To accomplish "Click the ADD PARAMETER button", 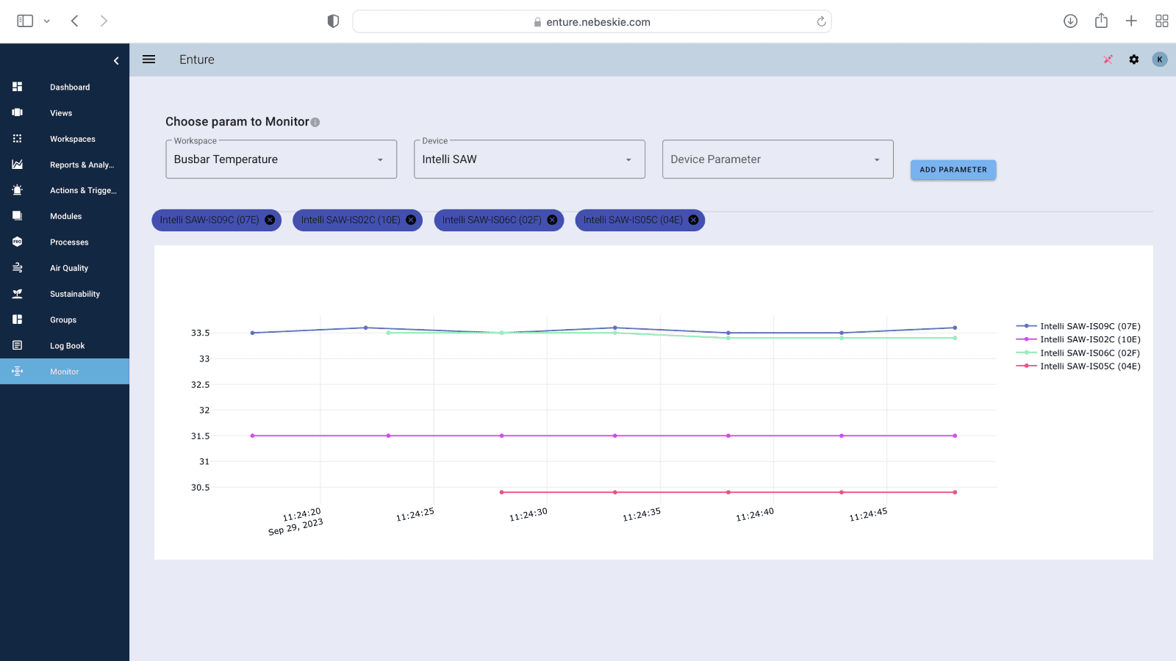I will click(x=953, y=170).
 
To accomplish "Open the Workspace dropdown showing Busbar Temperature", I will click(x=281, y=159).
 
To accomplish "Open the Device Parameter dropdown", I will click(x=777, y=159).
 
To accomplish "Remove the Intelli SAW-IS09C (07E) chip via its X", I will click(x=270, y=220).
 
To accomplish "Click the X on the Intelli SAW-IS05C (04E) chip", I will click(x=693, y=220).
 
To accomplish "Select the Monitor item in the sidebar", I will click(x=64, y=372).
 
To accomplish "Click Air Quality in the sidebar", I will click(x=68, y=268).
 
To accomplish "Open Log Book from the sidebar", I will click(x=67, y=346).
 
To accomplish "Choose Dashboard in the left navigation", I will click(x=69, y=87).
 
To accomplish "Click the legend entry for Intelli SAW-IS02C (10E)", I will click(x=1089, y=339).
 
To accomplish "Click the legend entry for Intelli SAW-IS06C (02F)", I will click(x=1089, y=353).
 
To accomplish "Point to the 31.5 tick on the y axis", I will click(x=200, y=436).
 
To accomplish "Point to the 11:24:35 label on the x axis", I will click(x=641, y=514).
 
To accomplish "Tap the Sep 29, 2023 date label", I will click(x=295, y=527).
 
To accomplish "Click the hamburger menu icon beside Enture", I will click(x=148, y=59).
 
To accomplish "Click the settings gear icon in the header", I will click(x=1133, y=59).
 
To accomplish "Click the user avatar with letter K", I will click(x=1159, y=59).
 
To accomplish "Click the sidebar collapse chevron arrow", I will click(x=116, y=61).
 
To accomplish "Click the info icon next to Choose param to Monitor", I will click(x=315, y=123).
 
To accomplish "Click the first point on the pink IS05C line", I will click(x=502, y=492).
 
